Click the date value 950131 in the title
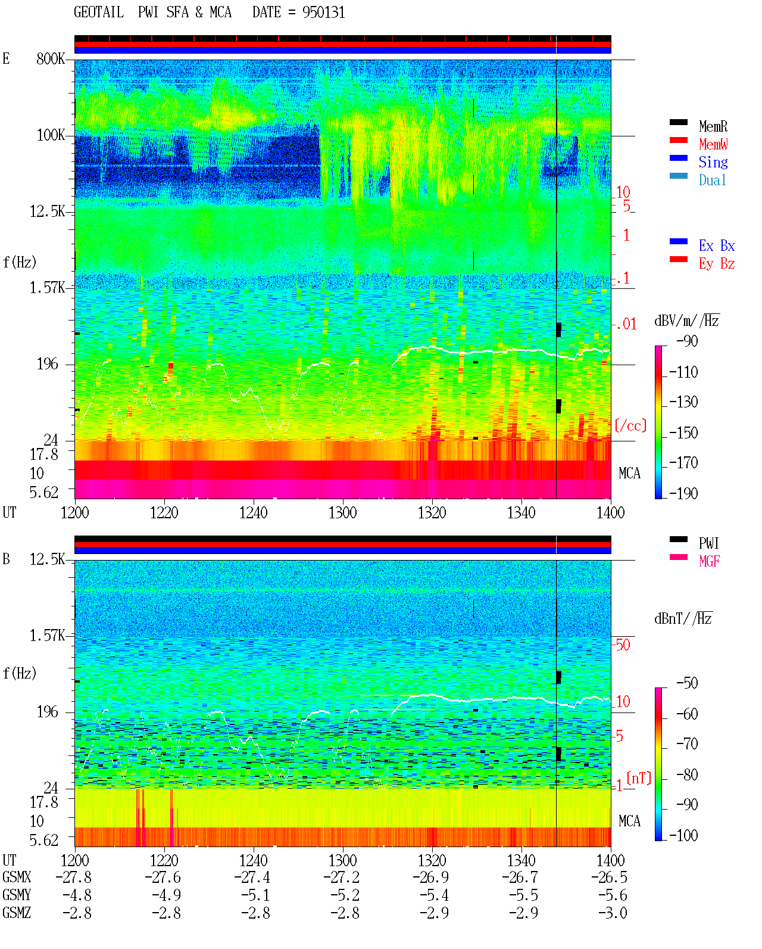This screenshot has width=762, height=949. point(323,13)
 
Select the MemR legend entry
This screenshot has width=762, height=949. point(713,126)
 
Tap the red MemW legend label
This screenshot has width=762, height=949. point(713,144)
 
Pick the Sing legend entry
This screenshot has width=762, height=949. point(713,162)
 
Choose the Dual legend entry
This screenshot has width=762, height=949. point(712,180)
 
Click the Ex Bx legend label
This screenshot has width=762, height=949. point(717,245)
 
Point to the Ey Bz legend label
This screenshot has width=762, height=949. point(717,264)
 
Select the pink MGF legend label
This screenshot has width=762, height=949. point(709,561)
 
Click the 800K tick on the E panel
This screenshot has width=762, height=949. point(51,58)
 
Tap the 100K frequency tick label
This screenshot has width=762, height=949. point(51,135)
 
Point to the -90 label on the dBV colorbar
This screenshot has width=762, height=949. point(687,341)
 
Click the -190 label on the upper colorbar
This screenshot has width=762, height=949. point(683,493)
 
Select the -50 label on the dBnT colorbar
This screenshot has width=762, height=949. point(687,683)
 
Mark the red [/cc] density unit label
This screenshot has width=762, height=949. point(630,425)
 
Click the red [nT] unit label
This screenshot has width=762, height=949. point(639,779)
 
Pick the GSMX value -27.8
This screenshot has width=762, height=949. point(74,878)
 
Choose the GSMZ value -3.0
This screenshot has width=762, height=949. point(613,913)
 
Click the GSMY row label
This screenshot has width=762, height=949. point(17,895)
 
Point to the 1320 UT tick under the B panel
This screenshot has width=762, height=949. point(432,860)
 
